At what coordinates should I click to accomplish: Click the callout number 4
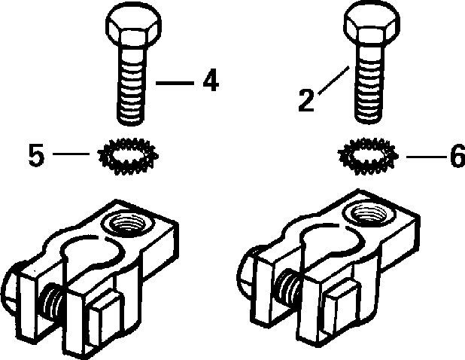209,81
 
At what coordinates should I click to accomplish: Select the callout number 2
305,100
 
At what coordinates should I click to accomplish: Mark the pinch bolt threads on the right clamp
287,285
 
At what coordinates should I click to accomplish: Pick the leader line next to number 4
175,81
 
